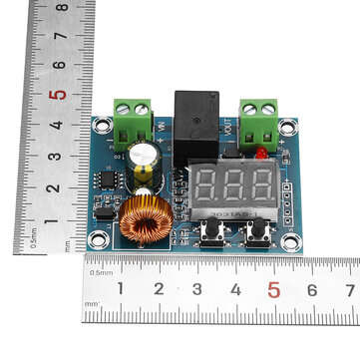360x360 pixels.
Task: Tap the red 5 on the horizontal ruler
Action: click(x=273, y=289)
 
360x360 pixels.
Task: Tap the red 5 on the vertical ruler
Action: click(x=60, y=95)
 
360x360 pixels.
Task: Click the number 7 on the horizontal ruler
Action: click(x=350, y=289)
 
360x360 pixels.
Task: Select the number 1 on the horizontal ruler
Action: click(x=121, y=289)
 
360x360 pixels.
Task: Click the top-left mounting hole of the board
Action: click(x=99, y=126)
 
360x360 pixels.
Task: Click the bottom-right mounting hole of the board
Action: click(x=290, y=241)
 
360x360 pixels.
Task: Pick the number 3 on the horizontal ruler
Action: click(x=197, y=289)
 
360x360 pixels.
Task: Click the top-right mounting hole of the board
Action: click(x=288, y=127)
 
